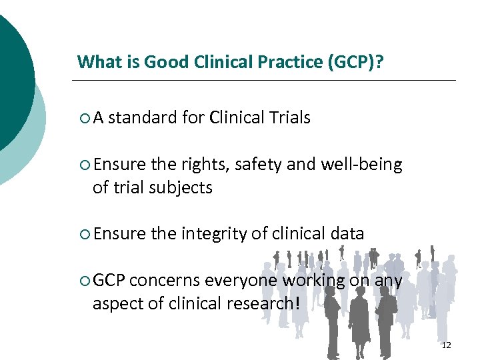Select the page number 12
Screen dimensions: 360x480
coord(446,345)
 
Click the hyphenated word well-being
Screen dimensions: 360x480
coord(362,165)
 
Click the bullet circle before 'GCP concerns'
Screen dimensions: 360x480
coord(83,281)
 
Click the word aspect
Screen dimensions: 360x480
coord(114,304)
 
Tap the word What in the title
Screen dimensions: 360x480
coord(93,63)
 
